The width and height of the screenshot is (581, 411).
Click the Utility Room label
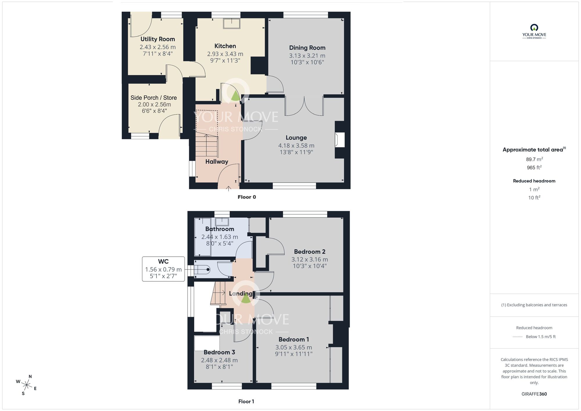click(157, 39)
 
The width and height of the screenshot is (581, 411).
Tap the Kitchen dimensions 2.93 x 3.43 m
click(225, 54)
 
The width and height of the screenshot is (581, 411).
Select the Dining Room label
click(307, 48)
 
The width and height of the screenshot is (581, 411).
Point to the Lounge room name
click(296, 137)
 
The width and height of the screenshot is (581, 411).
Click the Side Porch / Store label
click(153, 98)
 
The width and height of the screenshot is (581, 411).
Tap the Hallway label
click(217, 162)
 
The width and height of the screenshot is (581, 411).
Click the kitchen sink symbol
click(232, 24)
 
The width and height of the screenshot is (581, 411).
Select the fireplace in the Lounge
click(340, 140)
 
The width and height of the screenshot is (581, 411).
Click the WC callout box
click(163, 269)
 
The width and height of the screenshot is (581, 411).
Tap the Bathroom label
click(220, 229)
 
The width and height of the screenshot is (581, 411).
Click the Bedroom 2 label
click(309, 252)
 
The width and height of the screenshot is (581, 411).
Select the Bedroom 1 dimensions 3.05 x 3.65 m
click(294, 347)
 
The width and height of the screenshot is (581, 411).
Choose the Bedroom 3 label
click(219, 352)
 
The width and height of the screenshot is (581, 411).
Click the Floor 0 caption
click(247, 197)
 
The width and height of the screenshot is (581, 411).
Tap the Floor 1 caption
click(246, 401)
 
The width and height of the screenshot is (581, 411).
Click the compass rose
click(27, 385)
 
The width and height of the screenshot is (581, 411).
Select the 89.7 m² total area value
click(534, 159)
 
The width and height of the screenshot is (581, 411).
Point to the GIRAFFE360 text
click(534, 394)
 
